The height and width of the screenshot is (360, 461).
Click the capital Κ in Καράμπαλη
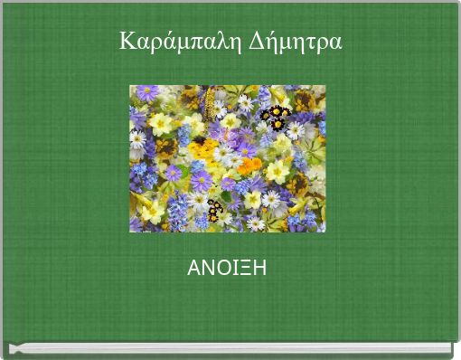tap(127, 41)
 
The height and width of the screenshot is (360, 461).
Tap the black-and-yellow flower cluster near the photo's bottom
tap(214, 210)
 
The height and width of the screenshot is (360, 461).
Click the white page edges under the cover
tap(230, 348)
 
